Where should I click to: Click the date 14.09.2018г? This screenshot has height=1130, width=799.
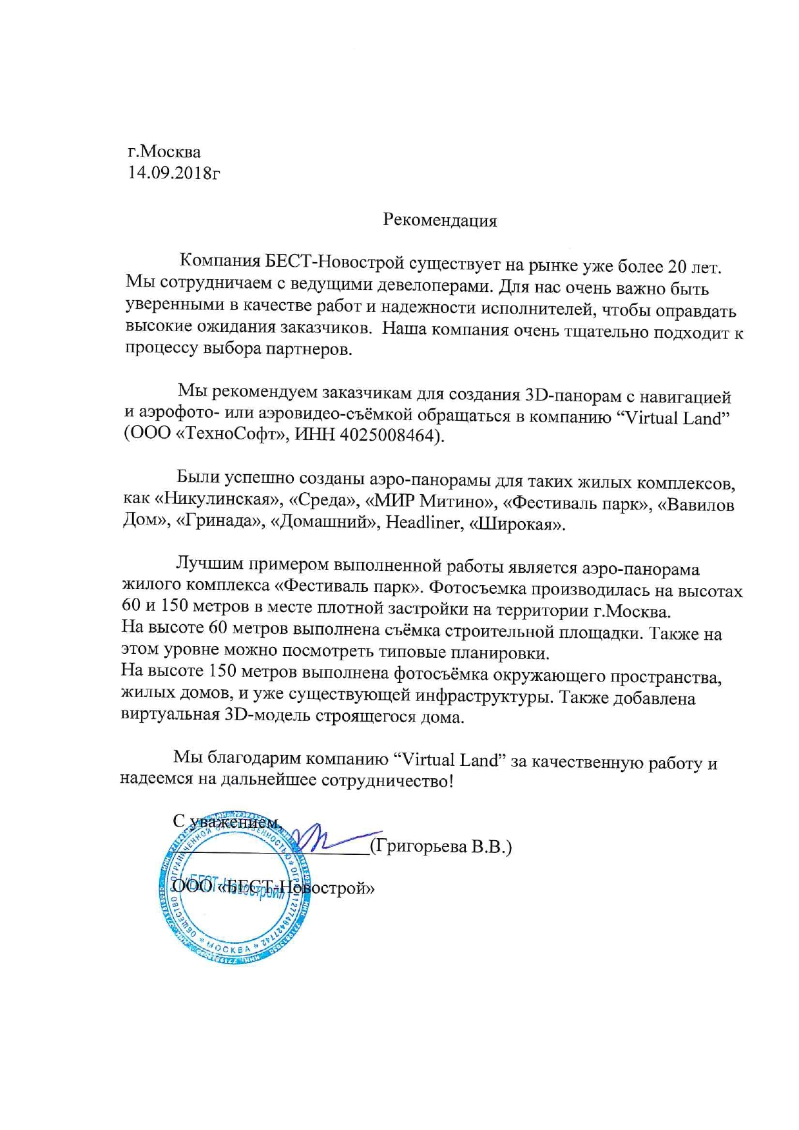[x=174, y=173]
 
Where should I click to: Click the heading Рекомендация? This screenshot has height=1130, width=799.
[x=440, y=220]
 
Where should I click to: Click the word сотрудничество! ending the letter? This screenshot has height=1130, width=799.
[x=387, y=781]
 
